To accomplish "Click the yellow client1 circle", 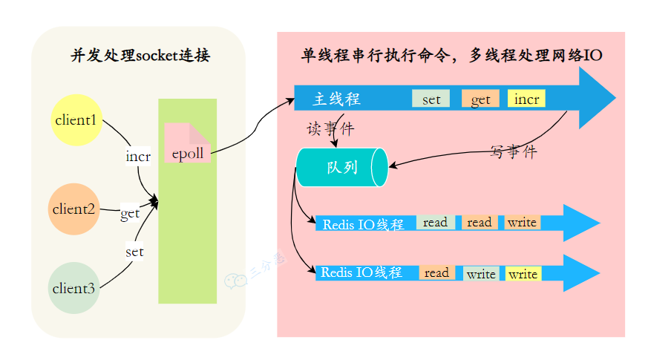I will coord(76,120).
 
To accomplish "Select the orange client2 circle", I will coord(73,209).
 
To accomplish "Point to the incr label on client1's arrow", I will coord(138,157).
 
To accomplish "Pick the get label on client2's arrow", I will coord(130,213).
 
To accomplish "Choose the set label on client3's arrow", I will coord(134,252).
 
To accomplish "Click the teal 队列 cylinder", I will coord(342,167).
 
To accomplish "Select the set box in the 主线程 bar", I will coord(431,99).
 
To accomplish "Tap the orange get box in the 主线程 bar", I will coord(480,99).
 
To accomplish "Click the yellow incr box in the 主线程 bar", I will coord(526,99).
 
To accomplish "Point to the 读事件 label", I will coord(330,128).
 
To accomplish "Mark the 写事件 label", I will coord(513,152).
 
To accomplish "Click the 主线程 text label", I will coord(336,99).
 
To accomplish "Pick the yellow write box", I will coord(523,274).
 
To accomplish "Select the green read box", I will coord(436,222).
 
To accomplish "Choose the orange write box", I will coord(522,222).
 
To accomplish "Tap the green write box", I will coord(480,274).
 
